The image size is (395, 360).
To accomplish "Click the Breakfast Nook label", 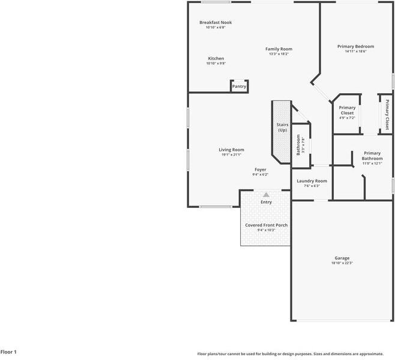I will pos(216,22).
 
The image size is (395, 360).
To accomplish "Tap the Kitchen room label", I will pos(216,58).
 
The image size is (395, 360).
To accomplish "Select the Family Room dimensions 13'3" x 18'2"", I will pos(279,54).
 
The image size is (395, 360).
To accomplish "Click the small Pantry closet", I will pos(239,87).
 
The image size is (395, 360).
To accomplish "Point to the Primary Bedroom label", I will pos(355,46).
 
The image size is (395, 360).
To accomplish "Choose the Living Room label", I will pos(231,150).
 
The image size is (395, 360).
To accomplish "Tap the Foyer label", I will pos(260,169).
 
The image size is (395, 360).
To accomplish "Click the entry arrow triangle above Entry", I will pos(266,195).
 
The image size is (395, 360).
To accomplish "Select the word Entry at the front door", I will pos(266,202).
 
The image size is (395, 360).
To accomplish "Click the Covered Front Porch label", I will pos(266,225).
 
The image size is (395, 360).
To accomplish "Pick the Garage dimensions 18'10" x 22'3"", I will pos(342,263).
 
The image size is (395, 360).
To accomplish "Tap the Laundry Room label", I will pos(312,181).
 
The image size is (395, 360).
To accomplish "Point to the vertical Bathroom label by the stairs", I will pos(299,144).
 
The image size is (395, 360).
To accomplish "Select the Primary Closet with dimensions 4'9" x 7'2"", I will pos(347,112).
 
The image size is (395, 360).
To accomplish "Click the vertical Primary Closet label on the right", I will pos(387,114).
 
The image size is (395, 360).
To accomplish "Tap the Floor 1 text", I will pos(8,352).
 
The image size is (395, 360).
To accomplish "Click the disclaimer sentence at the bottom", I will pos(295,354).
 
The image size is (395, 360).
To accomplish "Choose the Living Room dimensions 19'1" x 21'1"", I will pos(231,155).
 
